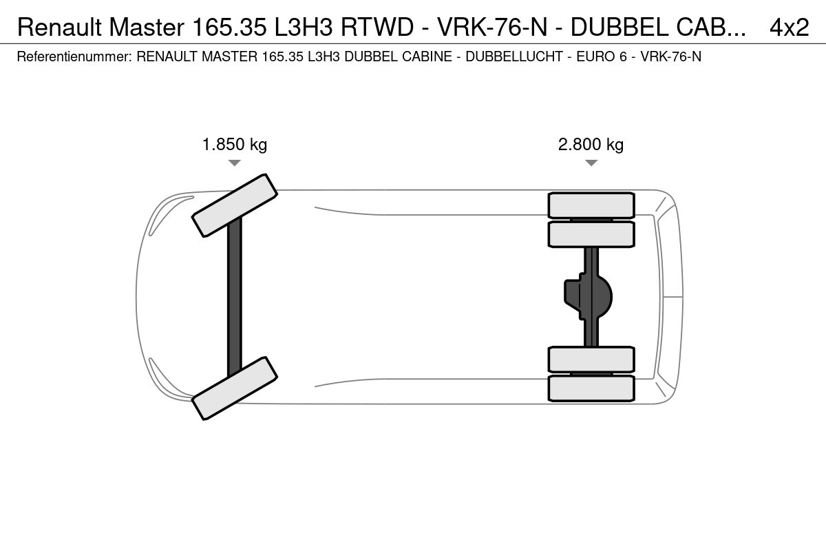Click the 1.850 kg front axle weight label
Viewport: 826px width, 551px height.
tap(235, 145)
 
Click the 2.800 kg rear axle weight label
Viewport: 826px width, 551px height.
tap(591, 145)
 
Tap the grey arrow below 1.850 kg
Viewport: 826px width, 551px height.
tap(235, 163)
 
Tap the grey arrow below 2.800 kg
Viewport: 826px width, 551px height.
tap(591, 163)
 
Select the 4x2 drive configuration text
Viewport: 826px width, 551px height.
tap(789, 27)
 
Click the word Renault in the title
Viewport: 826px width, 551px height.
tap(59, 27)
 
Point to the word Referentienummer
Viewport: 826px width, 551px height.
tap(74, 56)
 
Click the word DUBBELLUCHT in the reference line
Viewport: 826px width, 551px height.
tap(514, 56)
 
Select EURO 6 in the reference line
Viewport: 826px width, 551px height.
tap(602, 56)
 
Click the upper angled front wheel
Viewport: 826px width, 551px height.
tap(235, 205)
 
